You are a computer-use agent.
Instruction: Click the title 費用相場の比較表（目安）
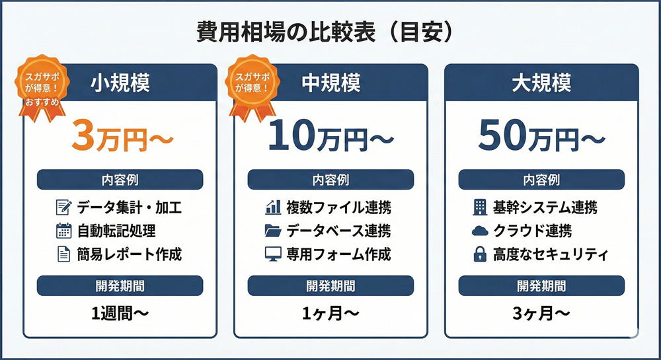tap(325, 33)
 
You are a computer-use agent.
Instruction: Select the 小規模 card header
tap(120, 83)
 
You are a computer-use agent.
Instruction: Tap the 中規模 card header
tap(331, 83)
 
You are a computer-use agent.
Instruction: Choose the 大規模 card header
tap(542, 83)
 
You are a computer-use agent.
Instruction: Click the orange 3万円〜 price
tap(122, 135)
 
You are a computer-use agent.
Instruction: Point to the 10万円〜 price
tap(331, 135)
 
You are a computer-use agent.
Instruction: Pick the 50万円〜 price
tap(542, 135)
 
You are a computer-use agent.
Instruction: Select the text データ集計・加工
tap(130, 207)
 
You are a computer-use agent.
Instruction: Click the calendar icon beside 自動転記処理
tap(63, 231)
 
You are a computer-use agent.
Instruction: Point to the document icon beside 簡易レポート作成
tap(63, 254)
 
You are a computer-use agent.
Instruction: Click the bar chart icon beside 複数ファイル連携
tap(273, 207)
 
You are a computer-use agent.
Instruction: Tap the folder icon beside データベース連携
tap(273, 231)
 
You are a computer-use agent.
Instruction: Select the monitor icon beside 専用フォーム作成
tap(273, 254)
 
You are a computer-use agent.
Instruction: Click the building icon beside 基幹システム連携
tap(480, 207)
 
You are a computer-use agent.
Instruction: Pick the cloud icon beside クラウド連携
tap(480, 231)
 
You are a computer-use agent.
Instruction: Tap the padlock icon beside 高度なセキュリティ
tap(480, 254)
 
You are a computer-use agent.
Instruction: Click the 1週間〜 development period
tap(120, 313)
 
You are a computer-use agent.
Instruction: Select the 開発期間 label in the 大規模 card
tap(542, 286)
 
